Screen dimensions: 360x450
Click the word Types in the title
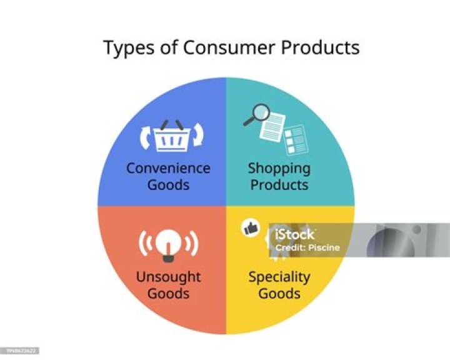(126, 48)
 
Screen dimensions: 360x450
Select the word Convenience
(168, 168)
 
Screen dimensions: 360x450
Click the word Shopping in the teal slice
(279, 168)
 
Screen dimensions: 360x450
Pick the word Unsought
(168, 277)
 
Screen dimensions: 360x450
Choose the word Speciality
(279, 277)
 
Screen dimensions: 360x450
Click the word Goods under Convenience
(168, 185)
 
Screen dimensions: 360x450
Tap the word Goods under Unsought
(168, 293)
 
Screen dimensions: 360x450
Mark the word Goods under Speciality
(279, 293)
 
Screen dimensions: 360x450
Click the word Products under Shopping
(279, 185)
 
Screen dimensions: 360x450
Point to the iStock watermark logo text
(295, 235)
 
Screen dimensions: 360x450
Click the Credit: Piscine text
(307, 247)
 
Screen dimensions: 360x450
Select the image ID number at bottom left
(20, 351)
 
